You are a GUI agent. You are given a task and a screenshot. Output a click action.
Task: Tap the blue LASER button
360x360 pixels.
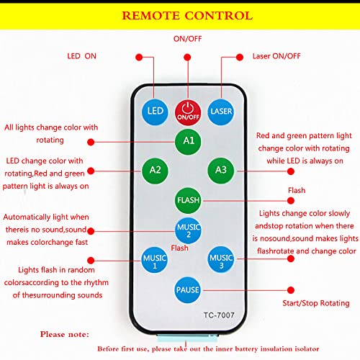coord(220,111)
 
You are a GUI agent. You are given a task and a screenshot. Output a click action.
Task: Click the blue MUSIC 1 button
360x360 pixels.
coord(154,259)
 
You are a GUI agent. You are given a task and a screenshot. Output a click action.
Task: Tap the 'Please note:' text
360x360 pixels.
coord(65,334)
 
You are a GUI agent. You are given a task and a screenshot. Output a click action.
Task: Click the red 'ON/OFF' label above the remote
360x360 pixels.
coord(187,39)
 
